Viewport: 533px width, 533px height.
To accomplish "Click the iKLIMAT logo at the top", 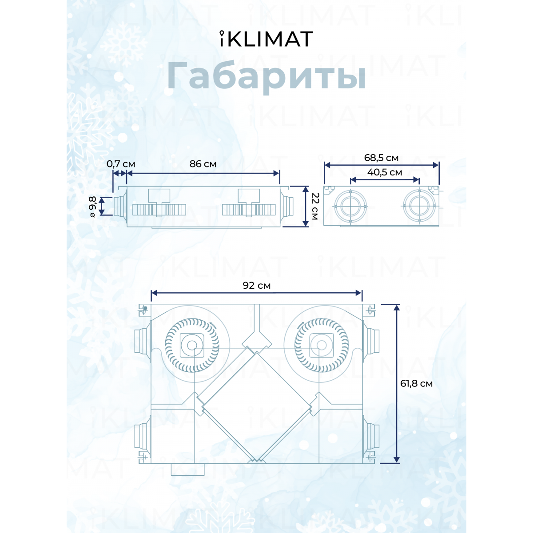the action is [266, 39].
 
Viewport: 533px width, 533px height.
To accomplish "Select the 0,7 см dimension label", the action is [121, 164].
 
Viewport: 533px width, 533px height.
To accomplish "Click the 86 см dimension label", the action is [203, 164].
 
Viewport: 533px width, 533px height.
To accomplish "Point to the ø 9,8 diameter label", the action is [93, 207].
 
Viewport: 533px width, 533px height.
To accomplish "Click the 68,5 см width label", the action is [381, 158].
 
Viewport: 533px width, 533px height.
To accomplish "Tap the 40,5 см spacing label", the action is [385, 172].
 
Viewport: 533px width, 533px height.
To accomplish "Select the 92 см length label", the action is [257, 286].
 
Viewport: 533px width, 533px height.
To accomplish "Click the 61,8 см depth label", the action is [416, 384].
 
